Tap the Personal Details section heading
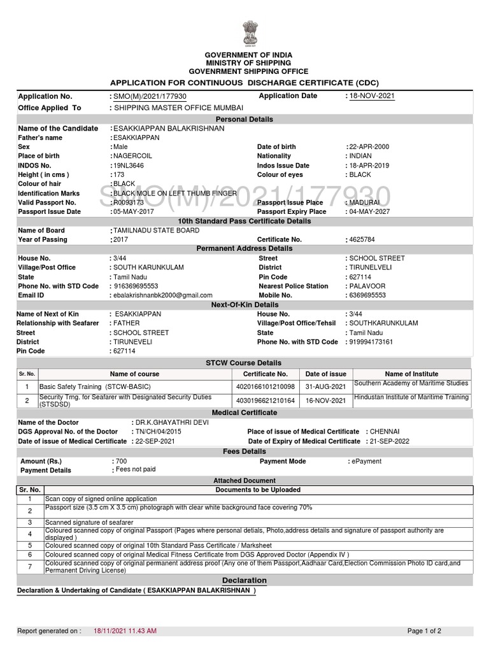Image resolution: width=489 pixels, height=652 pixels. pos(244,119)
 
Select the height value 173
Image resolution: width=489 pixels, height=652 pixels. pos(118,174)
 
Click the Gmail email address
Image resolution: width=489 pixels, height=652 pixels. pos(162,295)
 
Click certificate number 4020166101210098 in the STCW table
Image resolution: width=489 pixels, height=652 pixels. pos(266,386)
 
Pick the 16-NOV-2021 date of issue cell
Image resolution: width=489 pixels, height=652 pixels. pos(325,401)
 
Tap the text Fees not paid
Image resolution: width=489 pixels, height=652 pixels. pos(135,469)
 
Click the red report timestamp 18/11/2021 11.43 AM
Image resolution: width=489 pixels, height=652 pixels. pos(125,631)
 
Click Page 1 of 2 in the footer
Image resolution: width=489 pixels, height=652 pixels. pos(424,631)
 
